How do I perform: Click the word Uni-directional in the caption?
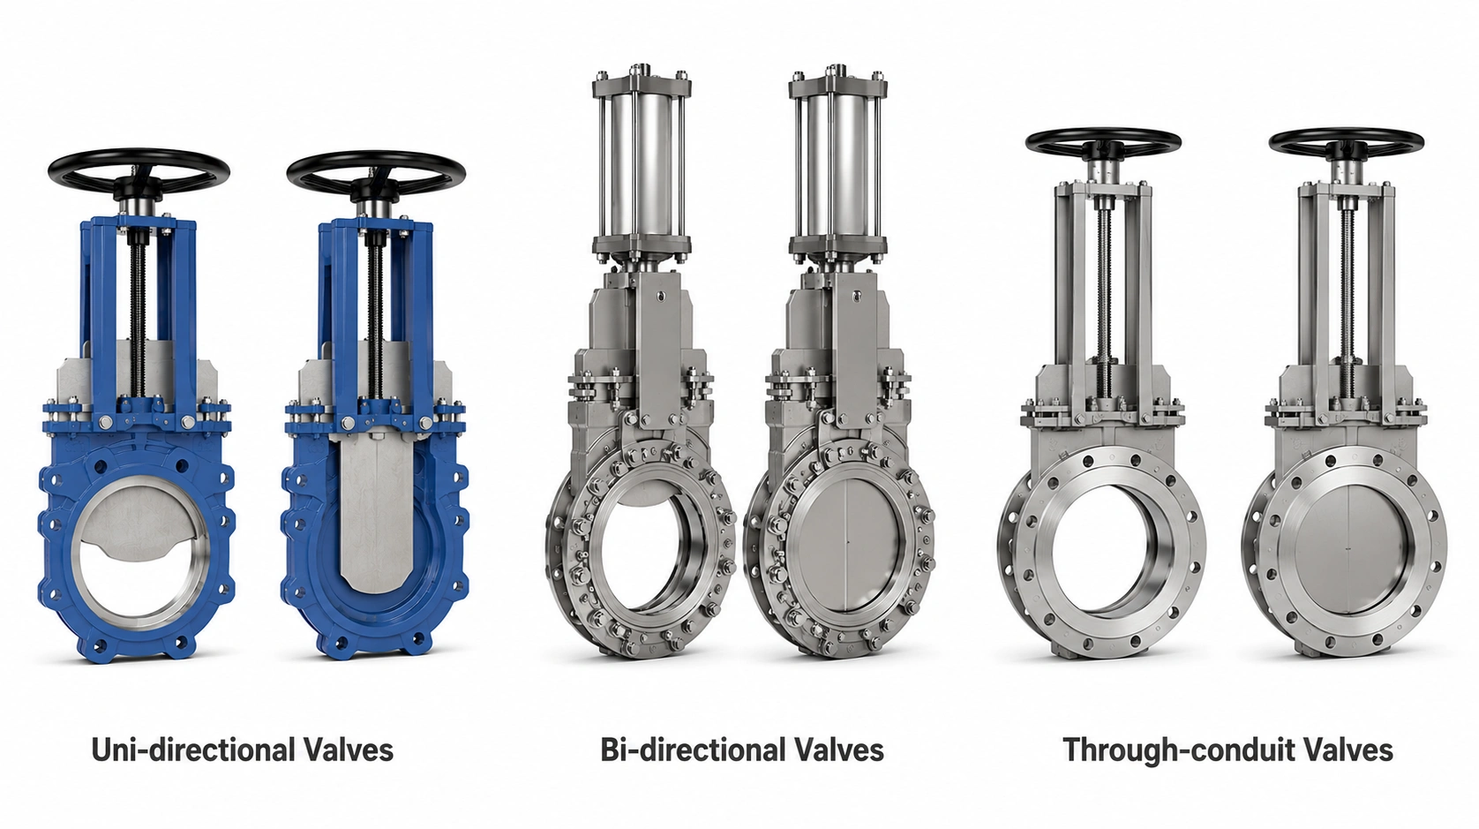click(x=193, y=750)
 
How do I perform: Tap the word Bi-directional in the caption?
click(x=694, y=750)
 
